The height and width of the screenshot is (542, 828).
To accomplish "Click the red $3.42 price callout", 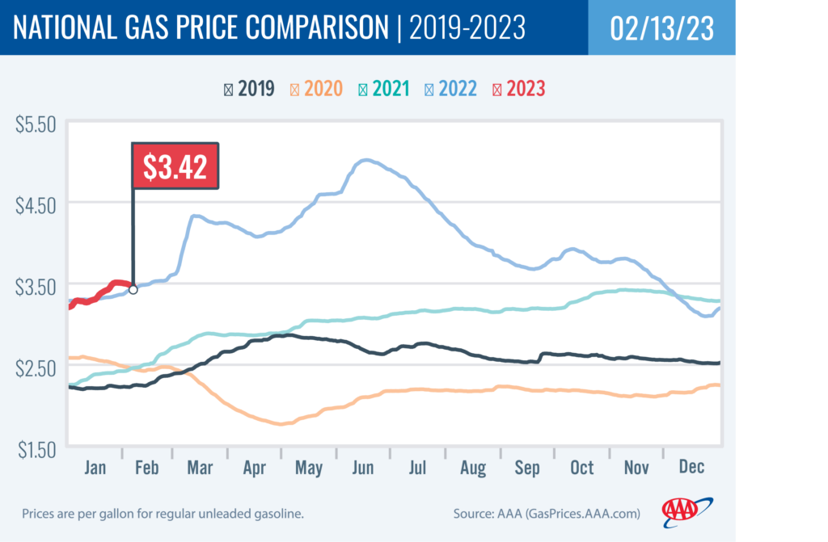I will (175, 167).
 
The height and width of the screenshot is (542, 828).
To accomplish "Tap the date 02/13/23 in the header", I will (662, 28).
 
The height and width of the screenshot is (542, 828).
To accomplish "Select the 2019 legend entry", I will (249, 88).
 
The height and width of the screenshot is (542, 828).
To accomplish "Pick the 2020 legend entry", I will (317, 88).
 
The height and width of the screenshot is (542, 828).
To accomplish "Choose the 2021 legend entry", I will (385, 88).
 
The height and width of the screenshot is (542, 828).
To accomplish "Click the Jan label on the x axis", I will (96, 468).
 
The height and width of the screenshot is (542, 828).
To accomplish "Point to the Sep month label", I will (527, 468).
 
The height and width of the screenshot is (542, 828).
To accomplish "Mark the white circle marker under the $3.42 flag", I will (133, 289).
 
